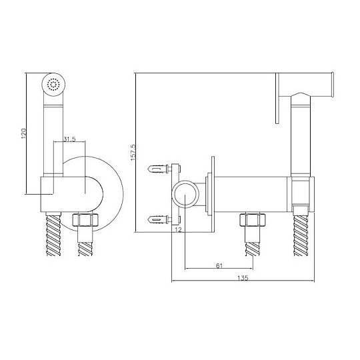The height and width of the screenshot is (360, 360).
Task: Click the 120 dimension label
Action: pos(23,133)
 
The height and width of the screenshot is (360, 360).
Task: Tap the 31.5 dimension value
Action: pos(69,139)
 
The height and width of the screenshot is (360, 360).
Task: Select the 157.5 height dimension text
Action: pos(133,152)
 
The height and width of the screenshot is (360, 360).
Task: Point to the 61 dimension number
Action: pos(219,265)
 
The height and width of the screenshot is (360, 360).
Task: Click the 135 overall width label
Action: pos(243,278)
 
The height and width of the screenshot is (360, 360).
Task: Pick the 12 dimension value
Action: pos(178,229)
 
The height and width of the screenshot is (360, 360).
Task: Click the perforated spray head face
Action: pos(53,84)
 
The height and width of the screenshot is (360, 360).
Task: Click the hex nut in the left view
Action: pos(85,220)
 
